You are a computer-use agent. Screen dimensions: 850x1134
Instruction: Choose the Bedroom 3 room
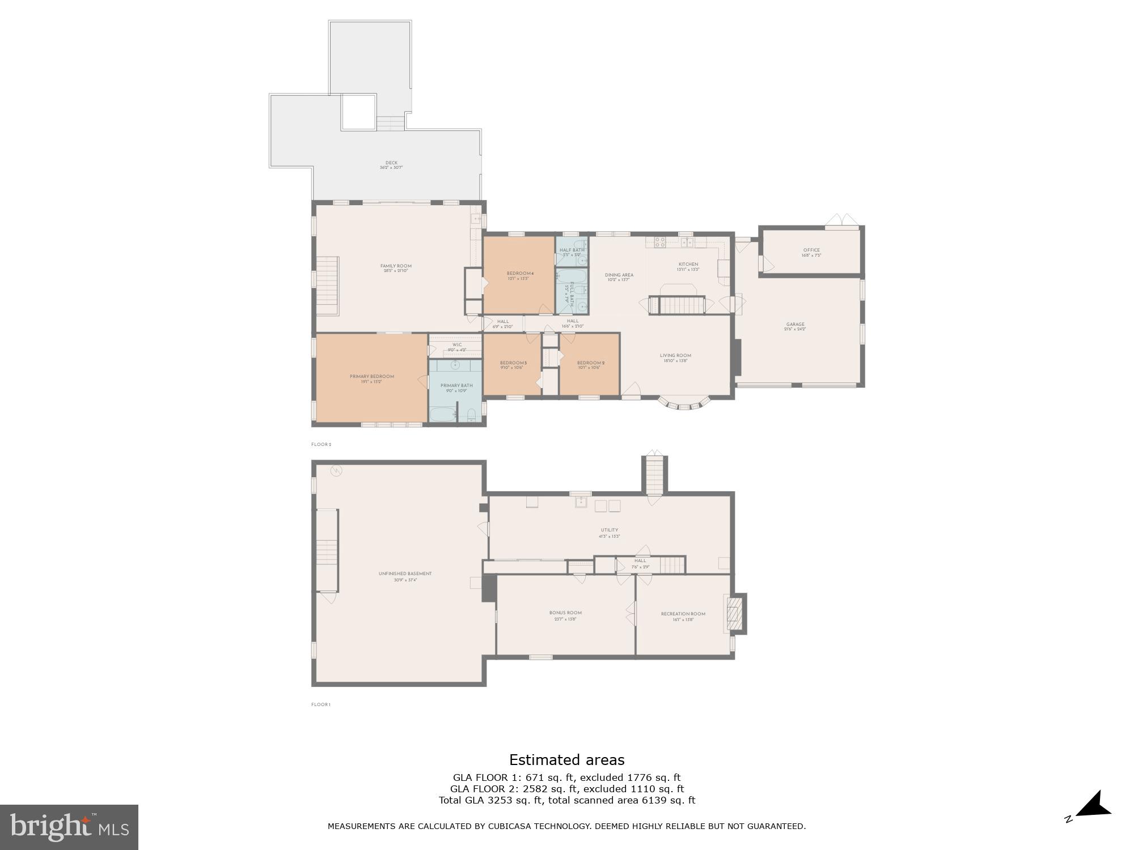(x=513, y=365)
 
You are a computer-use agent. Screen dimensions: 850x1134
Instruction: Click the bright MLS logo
(x=69, y=827)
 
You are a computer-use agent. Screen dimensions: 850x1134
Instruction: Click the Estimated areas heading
(x=566, y=760)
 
